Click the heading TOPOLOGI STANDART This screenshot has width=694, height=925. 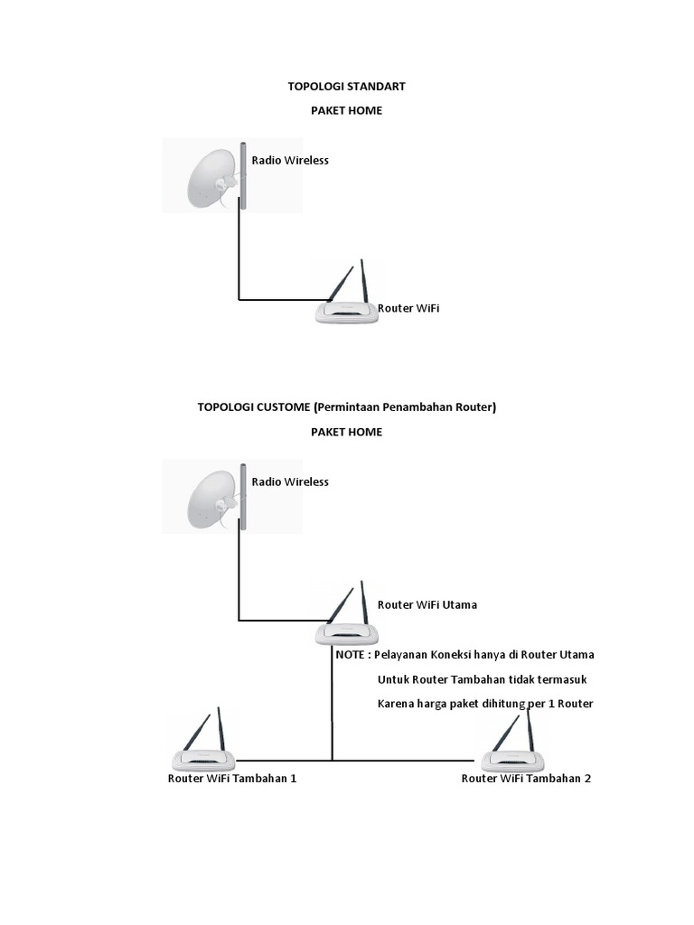(x=346, y=87)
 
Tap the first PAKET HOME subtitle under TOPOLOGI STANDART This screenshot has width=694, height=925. (x=346, y=110)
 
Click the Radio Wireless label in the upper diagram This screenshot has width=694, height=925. (x=290, y=161)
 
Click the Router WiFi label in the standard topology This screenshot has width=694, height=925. (x=408, y=309)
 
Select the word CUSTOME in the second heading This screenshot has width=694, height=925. (x=283, y=407)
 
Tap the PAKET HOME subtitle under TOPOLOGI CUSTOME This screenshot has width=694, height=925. (x=346, y=432)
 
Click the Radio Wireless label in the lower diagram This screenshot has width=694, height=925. (x=290, y=482)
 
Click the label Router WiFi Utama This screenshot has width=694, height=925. (x=427, y=605)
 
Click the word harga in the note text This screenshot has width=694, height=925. (x=433, y=704)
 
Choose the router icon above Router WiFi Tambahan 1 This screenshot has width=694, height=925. (x=204, y=746)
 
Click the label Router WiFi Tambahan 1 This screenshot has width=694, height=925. (x=232, y=779)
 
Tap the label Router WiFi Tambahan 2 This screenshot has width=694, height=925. (x=526, y=779)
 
